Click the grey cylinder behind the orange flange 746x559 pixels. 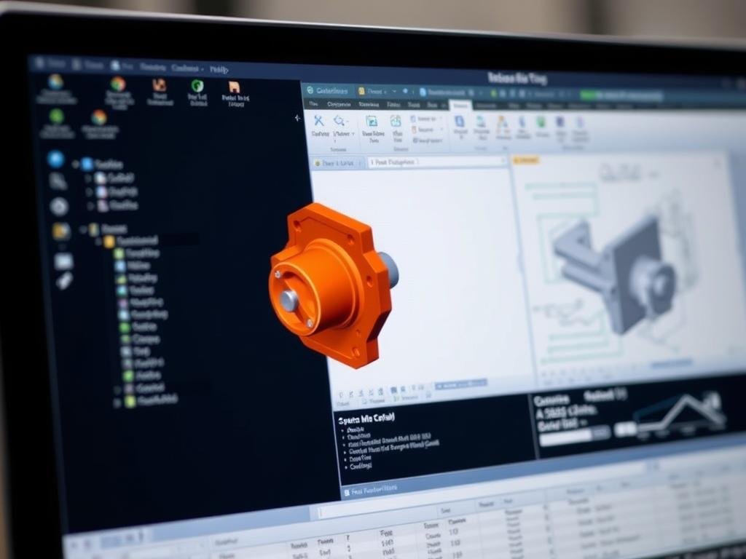(x=388, y=269)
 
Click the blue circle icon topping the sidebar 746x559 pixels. (x=55, y=159)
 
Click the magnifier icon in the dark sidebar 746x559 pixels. (x=57, y=182)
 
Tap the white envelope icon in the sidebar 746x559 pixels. (x=63, y=261)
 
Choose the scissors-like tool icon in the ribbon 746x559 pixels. (x=319, y=121)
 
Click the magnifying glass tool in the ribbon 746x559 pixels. (x=339, y=121)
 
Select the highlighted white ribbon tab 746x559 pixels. (x=460, y=106)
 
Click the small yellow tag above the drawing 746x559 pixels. (x=527, y=159)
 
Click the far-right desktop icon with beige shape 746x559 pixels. (x=235, y=88)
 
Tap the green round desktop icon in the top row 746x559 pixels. (x=197, y=86)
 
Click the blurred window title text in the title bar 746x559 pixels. (x=517, y=79)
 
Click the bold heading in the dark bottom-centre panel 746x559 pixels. (x=366, y=419)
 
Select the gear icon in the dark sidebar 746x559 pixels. (x=59, y=207)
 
